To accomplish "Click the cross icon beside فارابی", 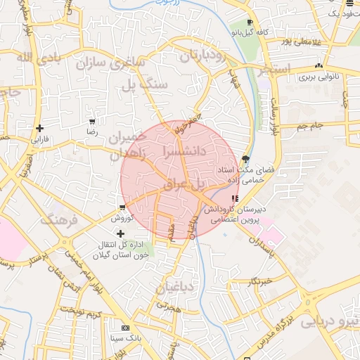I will click(39, 128).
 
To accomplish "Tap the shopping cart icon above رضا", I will click(91, 121).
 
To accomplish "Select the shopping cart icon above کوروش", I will click(122, 207).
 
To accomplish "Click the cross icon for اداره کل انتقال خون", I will click(120, 233).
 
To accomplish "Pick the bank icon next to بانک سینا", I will click(125, 328).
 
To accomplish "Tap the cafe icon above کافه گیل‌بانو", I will click(250, 22).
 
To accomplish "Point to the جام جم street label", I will click(309, 127).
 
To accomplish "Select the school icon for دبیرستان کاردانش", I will click(234, 198).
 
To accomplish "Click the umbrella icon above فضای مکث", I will click(245, 159).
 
